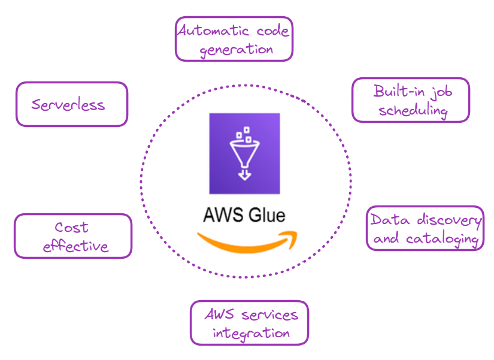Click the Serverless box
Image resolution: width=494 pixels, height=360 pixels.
pos(72,104)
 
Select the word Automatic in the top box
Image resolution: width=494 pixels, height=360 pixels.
pos(213,31)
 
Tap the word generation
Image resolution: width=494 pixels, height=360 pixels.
pos(237,50)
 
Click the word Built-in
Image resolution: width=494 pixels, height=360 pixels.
pos(399,91)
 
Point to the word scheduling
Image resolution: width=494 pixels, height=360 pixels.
pos(413,111)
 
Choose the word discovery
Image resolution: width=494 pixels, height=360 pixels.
pos(449,220)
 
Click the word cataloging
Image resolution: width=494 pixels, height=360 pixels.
pos(443,240)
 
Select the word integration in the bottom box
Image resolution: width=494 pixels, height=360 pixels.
pos(251,334)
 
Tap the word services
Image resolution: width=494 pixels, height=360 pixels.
pos(269,315)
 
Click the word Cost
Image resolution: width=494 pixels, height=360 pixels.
pos(71,227)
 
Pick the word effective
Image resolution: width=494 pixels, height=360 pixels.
pos(75,246)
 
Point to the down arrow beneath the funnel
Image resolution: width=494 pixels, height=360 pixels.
pos(244,174)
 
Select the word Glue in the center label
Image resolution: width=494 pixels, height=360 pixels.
pos(267,215)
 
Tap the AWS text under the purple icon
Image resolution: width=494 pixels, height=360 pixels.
pos(223,215)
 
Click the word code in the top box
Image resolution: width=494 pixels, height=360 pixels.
pos(272,31)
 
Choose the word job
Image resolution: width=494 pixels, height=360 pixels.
pos(442,92)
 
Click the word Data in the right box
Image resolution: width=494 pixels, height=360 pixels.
pos(390,219)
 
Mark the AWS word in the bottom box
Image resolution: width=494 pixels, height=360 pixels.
pos(220,314)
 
